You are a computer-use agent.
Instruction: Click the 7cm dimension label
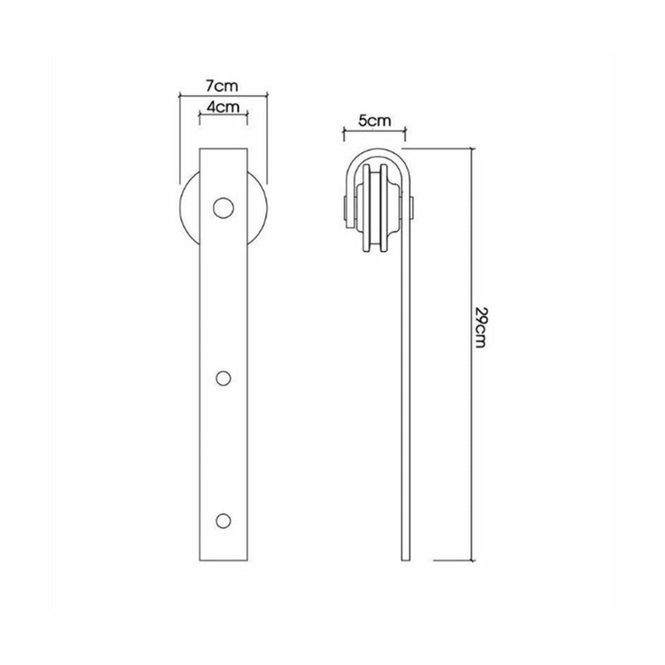223,86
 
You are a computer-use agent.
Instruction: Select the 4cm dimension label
223,107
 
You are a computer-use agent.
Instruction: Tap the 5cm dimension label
374,121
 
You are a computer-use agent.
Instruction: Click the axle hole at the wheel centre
223,207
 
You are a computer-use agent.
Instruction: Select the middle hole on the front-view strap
223,378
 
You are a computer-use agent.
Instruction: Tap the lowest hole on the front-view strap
223,520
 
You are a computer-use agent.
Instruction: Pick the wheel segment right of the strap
257,208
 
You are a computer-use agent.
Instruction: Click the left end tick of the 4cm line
199,117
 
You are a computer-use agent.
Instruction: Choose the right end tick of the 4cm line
248,117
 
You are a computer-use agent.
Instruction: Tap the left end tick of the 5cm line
342,131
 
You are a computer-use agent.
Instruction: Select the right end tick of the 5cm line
405,131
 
